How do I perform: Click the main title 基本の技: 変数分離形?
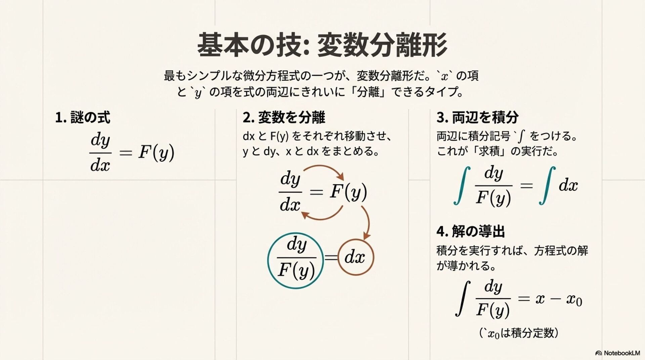click(322, 45)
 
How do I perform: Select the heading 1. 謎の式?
click(83, 118)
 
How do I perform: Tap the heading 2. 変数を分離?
click(284, 118)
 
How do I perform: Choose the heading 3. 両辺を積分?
click(477, 118)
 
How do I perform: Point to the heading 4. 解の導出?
click(471, 231)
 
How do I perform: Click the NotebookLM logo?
click(617, 353)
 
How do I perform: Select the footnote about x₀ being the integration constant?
click(518, 333)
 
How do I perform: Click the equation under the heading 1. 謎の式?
click(132, 153)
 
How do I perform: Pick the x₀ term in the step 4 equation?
click(574, 299)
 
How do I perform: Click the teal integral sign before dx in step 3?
click(547, 186)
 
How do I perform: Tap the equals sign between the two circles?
click(331, 258)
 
